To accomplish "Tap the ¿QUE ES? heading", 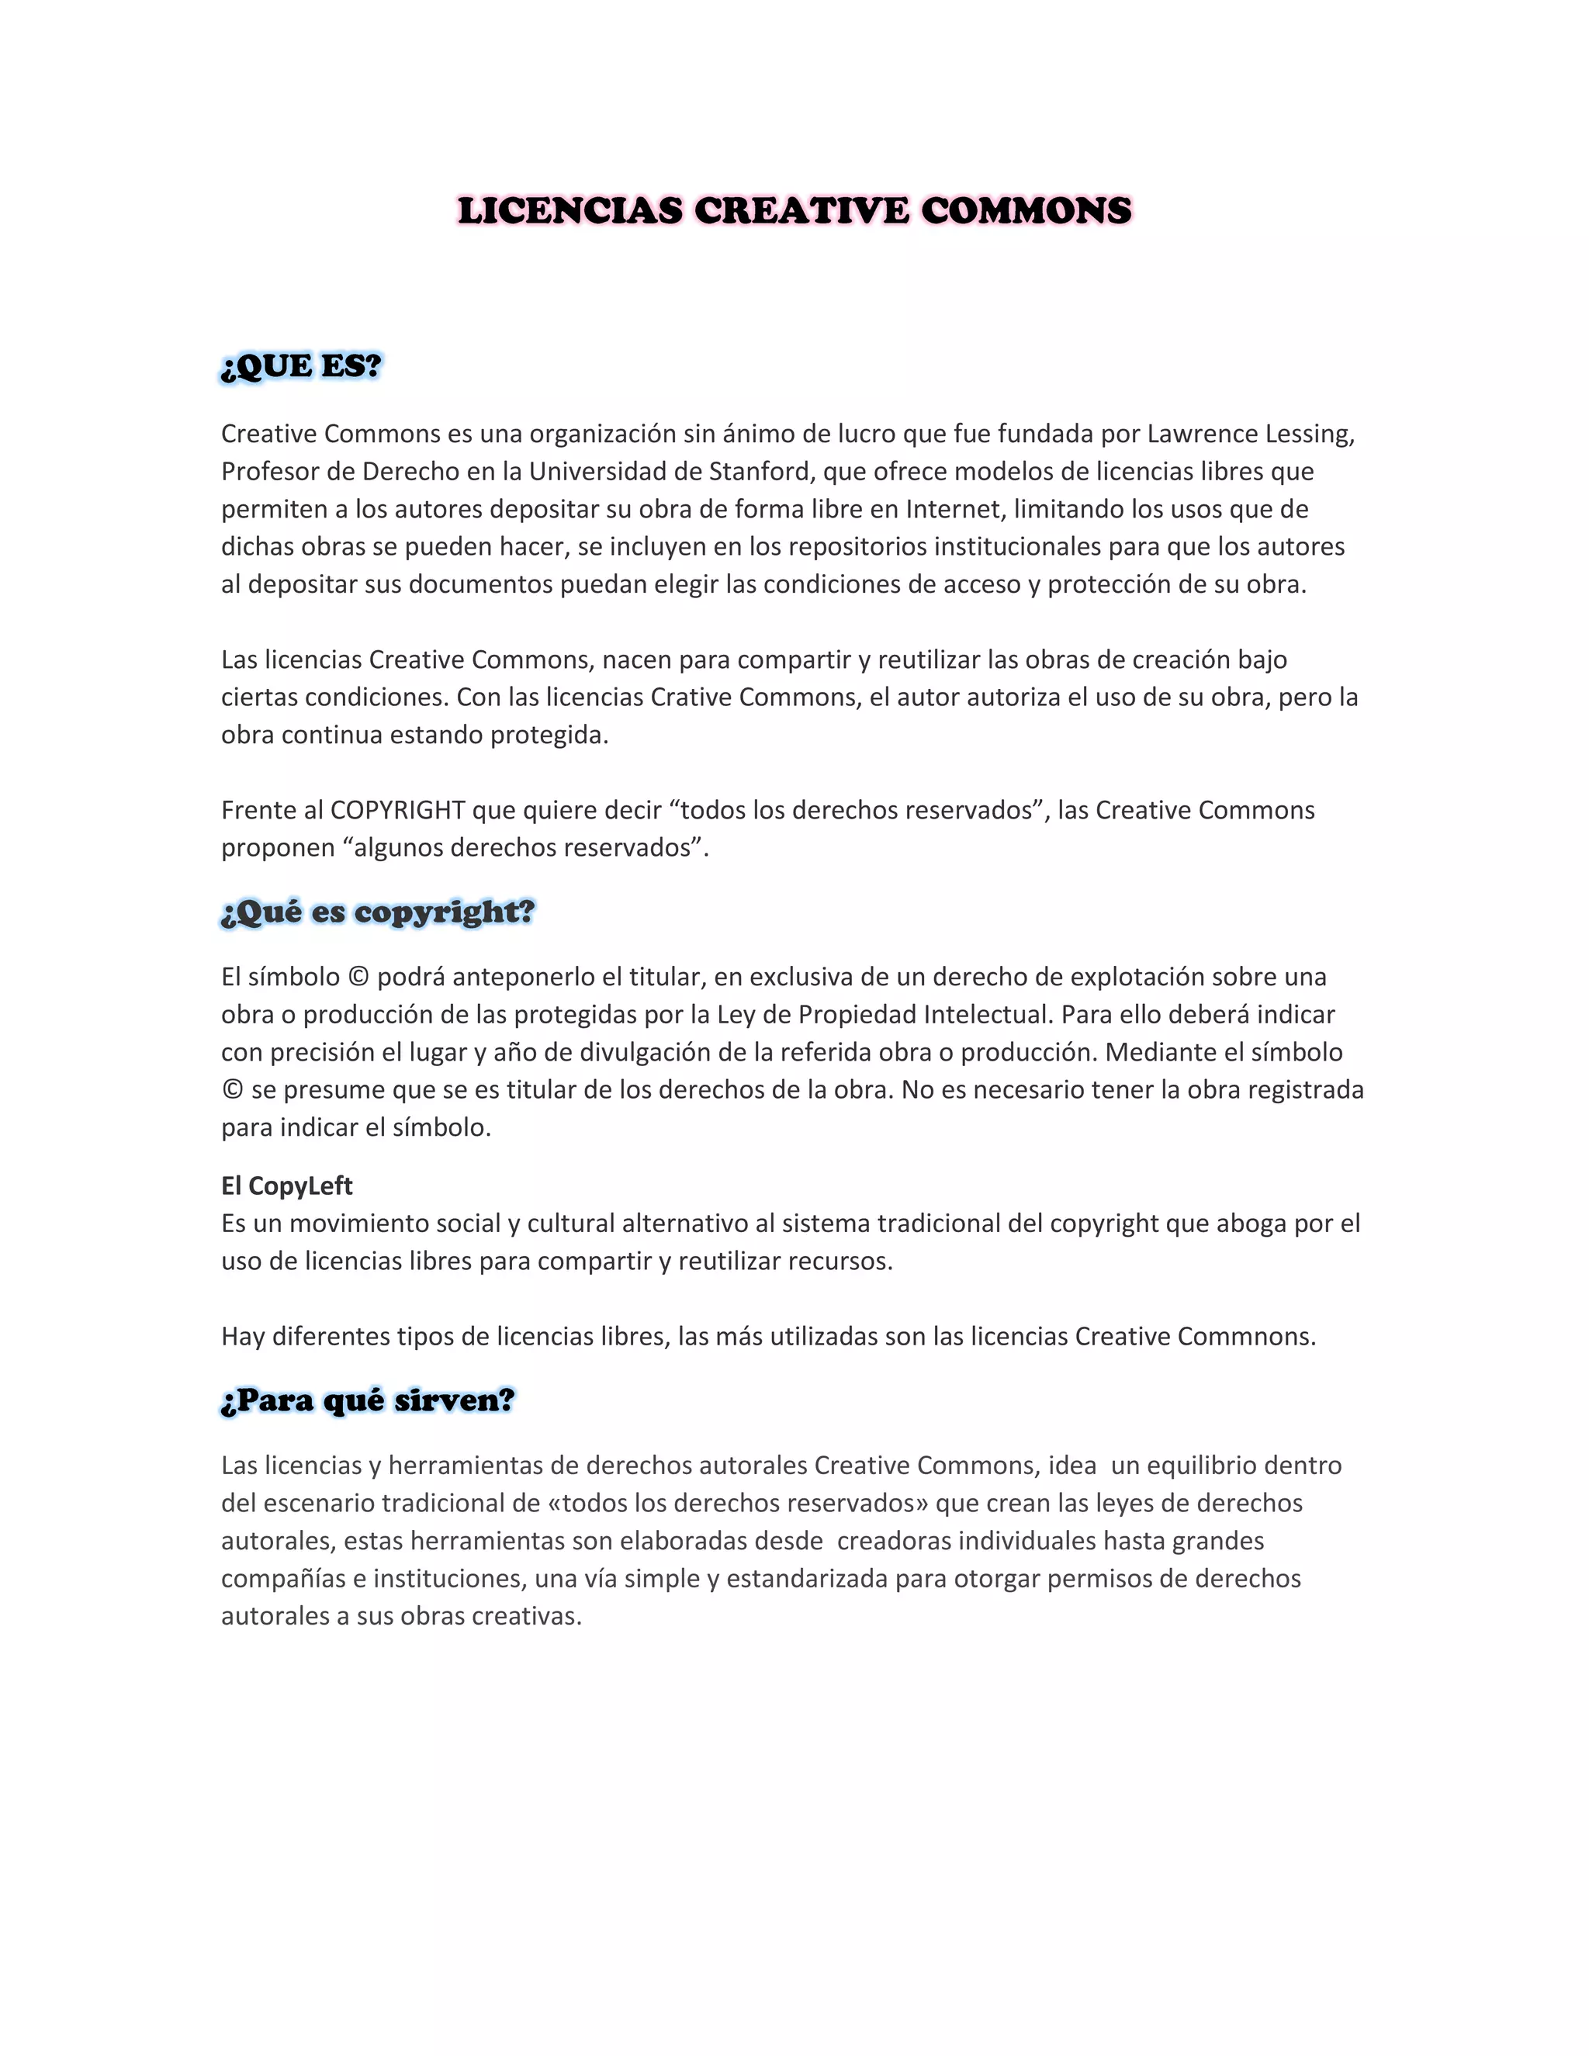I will tap(301, 366).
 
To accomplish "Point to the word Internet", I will tap(954, 509).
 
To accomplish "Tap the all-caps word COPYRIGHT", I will tap(397, 811).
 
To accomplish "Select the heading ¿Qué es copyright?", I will tap(378, 912).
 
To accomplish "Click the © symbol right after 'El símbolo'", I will tap(358, 977).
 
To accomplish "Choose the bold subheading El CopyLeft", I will tap(287, 1186).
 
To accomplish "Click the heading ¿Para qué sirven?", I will tap(368, 1400).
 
